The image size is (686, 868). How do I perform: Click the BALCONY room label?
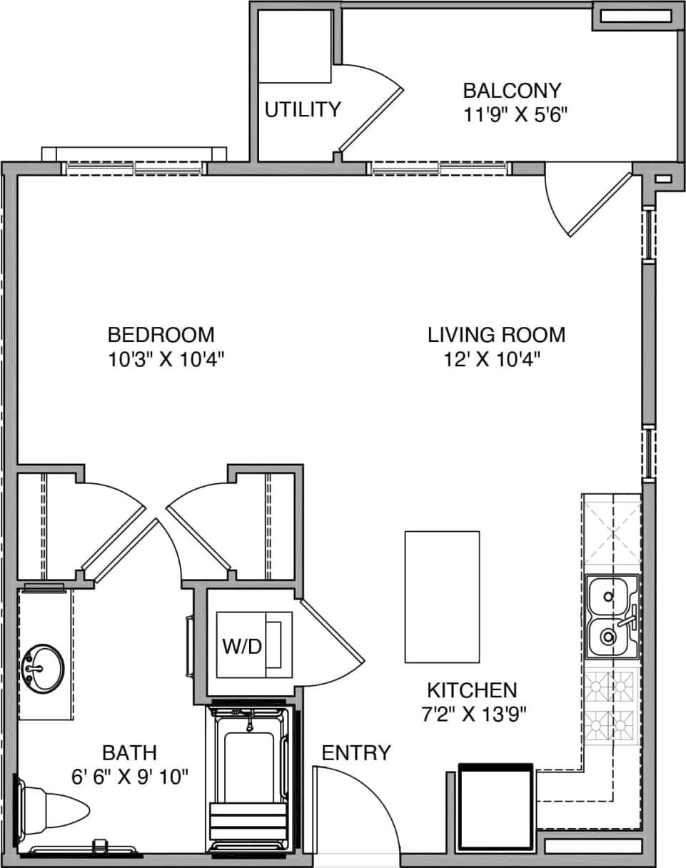click(512, 91)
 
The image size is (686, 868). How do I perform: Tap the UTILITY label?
click(303, 110)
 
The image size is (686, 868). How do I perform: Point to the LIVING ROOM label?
click(496, 334)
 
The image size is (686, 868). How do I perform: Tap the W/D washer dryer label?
click(242, 647)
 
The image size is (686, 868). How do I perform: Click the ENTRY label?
click(356, 752)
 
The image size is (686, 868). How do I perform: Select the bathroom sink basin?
click(44, 668)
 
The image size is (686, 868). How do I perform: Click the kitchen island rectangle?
click(442, 597)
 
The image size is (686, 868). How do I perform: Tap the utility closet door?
click(371, 118)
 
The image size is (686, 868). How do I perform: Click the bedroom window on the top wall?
click(134, 168)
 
